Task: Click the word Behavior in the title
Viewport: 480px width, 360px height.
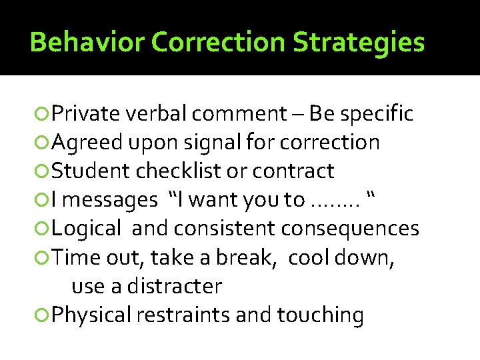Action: pyautogui.click(x=87, y=43)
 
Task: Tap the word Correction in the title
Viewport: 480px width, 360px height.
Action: pyautogui.click(x=219, y=43)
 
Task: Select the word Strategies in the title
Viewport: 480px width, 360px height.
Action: pyautogui.click(x=359, y=43)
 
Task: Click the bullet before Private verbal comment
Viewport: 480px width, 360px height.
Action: pyautogui.click(x=43, y=114)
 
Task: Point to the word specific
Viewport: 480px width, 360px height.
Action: pyautogui.click(x=377, y=114)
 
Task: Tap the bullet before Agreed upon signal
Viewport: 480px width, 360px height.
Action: pyautogui.click(x=43, y=143)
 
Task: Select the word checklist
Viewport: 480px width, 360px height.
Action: pyautogui.click(x=179, y=171)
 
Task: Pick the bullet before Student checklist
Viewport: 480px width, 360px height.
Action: pyautogui.click(x=43, y=171)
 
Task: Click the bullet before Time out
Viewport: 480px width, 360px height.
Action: pyautogui.click(x=43, y=257)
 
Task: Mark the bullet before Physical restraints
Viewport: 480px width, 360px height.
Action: pyautogui.click(x=43, y=315)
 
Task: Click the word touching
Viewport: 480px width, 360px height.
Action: pyautogui.click(x=321, y=315)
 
